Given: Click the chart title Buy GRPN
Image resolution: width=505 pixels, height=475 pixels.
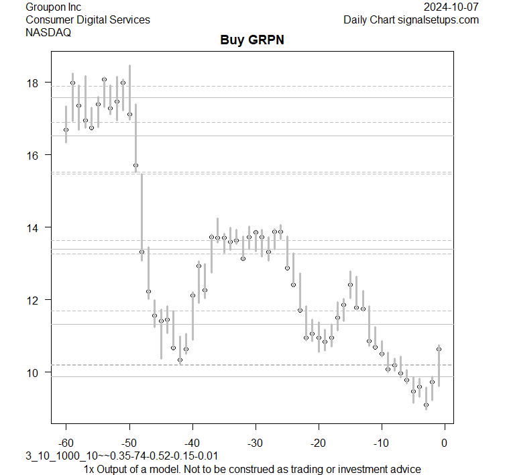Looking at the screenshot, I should click(252, 40).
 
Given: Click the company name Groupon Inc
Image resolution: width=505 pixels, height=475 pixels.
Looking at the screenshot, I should click(53, 7).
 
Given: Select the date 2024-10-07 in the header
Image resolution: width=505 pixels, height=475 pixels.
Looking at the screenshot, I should click(451, 7).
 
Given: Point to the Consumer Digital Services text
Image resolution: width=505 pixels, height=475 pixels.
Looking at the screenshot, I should click(88, 19).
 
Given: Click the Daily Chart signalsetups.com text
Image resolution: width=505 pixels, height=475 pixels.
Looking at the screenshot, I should click(411, 19).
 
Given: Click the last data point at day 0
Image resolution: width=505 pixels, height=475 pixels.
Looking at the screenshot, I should click(439, 349).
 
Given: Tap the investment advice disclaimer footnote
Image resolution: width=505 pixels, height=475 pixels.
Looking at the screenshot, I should click(253, 469).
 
